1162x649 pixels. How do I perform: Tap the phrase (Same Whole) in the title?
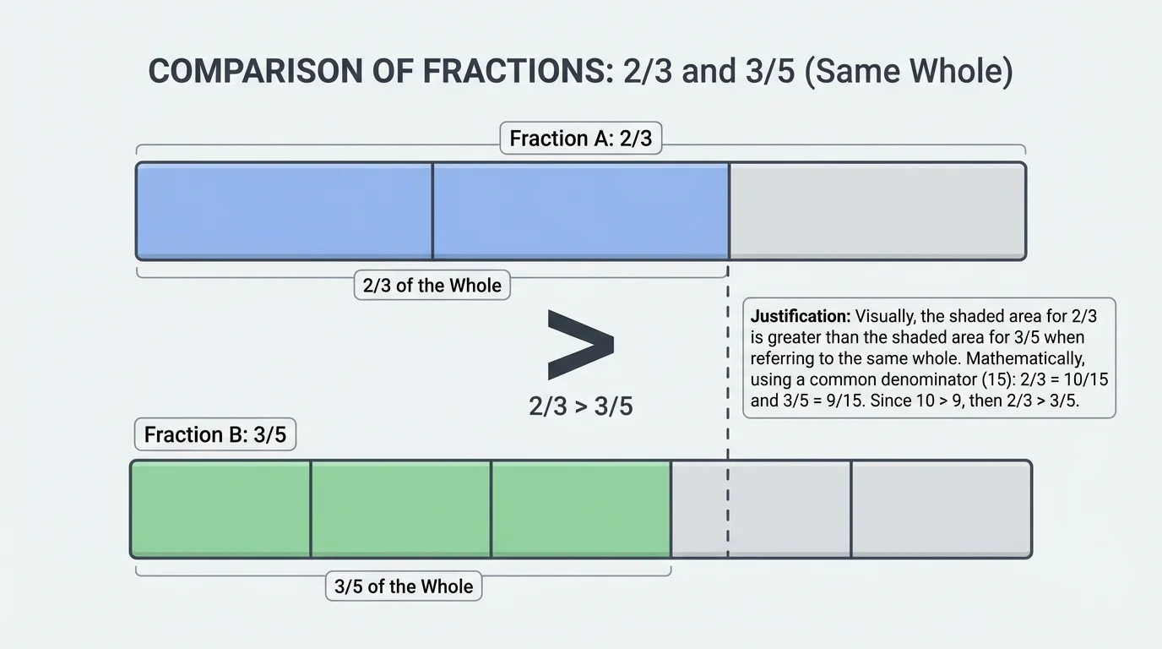pos(910,72)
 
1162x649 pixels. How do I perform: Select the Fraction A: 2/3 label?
pos(581,138)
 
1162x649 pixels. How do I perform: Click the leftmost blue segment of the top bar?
pos(285,211)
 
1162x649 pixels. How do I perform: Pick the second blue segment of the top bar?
pos(580,211)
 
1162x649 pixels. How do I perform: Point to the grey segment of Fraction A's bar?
pos(877,211)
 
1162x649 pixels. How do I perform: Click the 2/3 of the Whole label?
pos(432,286)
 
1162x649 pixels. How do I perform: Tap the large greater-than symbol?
pos(580,344)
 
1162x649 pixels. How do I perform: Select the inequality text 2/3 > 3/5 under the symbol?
pos(580,406)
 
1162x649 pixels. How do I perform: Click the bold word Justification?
pos(800,317)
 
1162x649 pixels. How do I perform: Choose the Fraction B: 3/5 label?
pos(215,435)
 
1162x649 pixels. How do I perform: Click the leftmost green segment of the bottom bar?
pos(220,509)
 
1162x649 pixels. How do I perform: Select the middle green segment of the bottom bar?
pos(400,509)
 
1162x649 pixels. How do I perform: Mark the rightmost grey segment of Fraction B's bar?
pos(941,509)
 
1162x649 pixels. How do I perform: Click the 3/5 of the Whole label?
pos(404,586)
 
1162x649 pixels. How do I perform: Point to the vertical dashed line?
pos(727,423)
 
